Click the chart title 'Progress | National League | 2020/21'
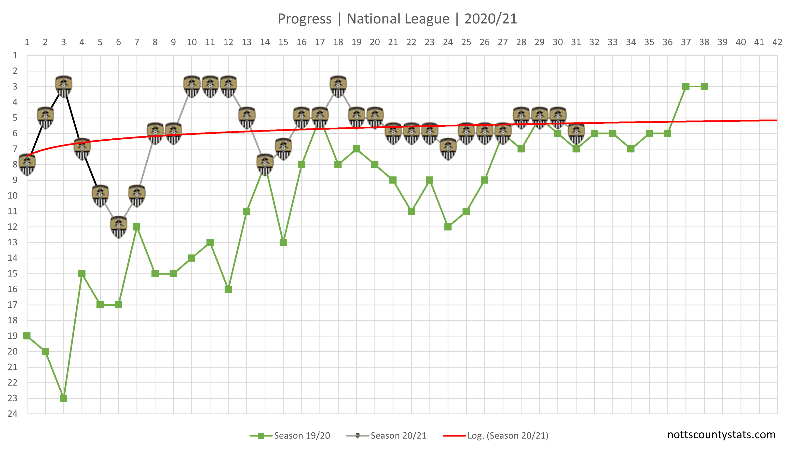tap(397, 19)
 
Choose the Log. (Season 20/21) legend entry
tap(496, 436)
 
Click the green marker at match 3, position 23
tap(64, 398)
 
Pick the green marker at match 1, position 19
tap(27, 336)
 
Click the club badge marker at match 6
tap(119, 227)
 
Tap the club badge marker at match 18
tap(338, 86)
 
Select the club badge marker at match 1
tap(27, 164)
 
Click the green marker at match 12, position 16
tap(228, 289)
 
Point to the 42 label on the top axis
tap(777, 42)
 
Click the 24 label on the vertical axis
tap(13, 413)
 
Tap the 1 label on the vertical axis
tap(14, 55)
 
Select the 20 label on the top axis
tap(375, 42)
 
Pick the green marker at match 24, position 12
tap(448, 227)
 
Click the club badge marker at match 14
tap(265, 164)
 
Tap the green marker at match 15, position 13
tap(283, 242)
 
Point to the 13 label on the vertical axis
tap(13, 242)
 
